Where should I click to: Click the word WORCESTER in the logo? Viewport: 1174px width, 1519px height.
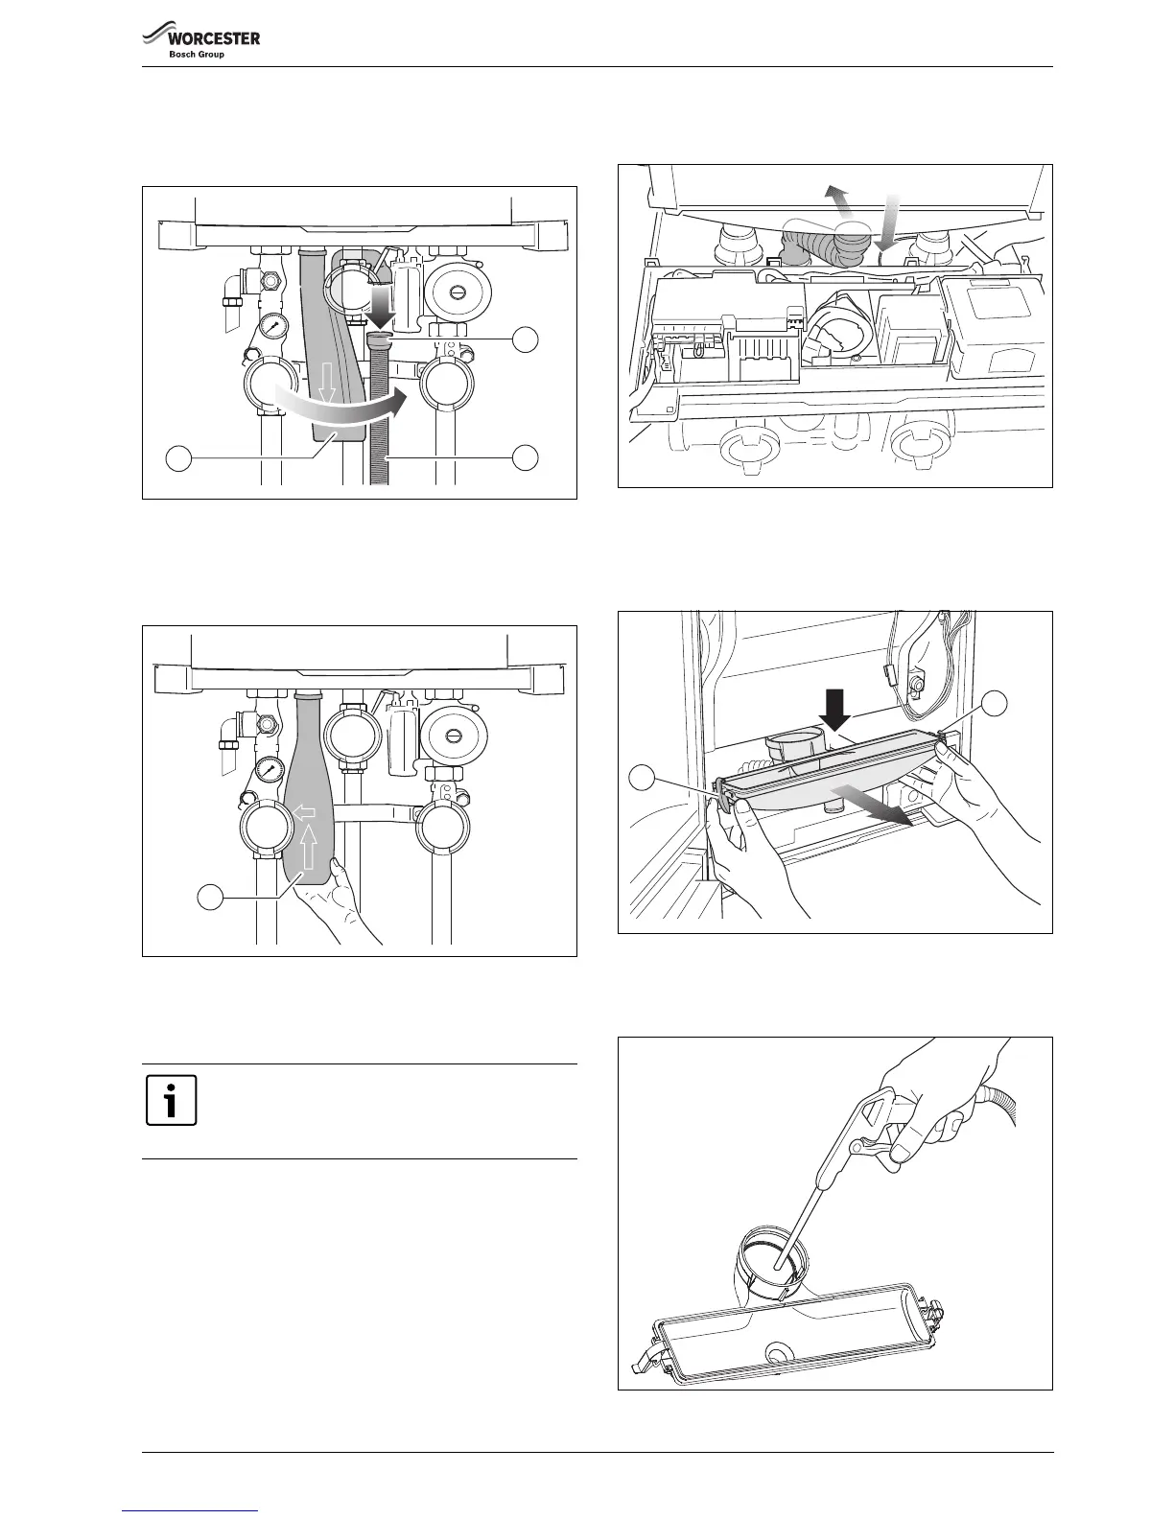point(213,39)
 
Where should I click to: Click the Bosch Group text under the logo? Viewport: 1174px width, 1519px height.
point(197,55)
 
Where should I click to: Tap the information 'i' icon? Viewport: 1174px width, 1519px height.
point(172,1100)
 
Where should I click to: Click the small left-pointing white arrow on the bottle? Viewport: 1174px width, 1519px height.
point(304,812)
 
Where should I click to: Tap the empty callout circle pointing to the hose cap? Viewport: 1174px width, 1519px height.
point(524,339)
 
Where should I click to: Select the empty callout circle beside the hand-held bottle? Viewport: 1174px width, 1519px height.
point(210,898)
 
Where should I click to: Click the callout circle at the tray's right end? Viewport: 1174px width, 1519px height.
point(995,702)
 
